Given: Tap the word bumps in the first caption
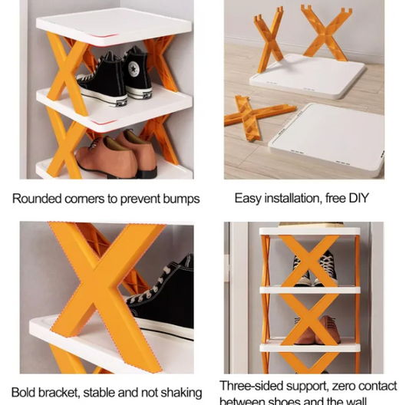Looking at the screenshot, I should (x=183, y=199).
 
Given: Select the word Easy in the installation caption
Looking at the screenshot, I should (x=249, y=198).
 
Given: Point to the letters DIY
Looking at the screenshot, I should (x=358, y=198).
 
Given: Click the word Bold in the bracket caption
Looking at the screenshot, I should (x=25, y=393).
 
